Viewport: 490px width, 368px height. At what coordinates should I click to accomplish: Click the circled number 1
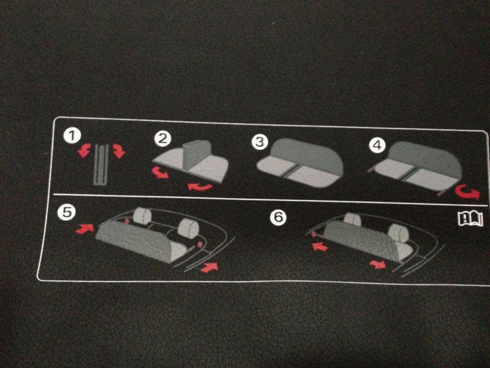72,136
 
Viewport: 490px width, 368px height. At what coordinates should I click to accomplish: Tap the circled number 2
162,139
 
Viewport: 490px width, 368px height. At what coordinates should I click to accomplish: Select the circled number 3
260,142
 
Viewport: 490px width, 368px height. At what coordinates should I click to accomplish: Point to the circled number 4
377,145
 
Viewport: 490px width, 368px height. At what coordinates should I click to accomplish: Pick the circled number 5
66,212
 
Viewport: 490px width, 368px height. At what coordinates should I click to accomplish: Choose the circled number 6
278,217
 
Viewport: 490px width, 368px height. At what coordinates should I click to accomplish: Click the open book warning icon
470,218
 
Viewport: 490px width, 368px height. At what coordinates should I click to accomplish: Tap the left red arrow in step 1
84,150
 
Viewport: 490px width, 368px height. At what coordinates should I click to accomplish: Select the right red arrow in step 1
119,151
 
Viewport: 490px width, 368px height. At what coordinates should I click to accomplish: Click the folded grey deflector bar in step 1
101,165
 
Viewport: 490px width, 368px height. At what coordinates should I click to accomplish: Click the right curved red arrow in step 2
200,187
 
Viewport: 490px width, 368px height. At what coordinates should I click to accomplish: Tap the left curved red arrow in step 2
160,173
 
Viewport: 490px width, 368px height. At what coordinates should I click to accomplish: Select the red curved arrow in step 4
468,191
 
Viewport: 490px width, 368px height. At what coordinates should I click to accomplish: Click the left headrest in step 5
143,215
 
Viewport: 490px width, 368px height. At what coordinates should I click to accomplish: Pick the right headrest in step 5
189,228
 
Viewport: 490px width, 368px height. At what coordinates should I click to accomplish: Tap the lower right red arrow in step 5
209,267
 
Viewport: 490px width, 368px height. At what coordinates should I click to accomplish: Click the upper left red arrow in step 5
85,229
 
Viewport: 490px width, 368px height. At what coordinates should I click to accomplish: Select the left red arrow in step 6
320,247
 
